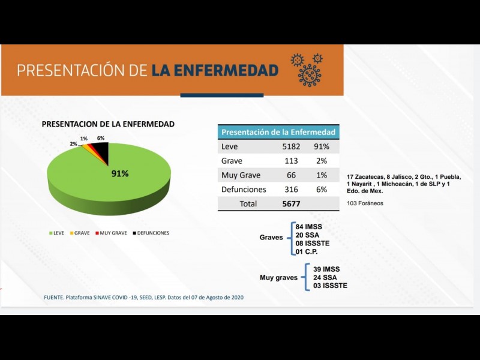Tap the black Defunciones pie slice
(x=100, y=152)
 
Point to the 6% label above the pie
(x=101, y=139)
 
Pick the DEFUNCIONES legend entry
(x=151, y=233)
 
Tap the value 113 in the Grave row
(x=292, y=161)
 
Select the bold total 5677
(x=292, y=203)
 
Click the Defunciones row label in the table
(x=244, y=189)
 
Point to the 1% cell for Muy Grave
(x=321, y=175)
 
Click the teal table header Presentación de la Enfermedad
(x=278, y=132)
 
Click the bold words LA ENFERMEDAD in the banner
(x=215, y=70)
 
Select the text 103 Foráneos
(x=366, y=203)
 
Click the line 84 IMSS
(x=310, y=227)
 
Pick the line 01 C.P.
(x=307, y=252)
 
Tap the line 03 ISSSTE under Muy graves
(x=330, y=286)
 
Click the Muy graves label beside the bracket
(x=278, y=278)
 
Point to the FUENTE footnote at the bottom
(x=144, y=298)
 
